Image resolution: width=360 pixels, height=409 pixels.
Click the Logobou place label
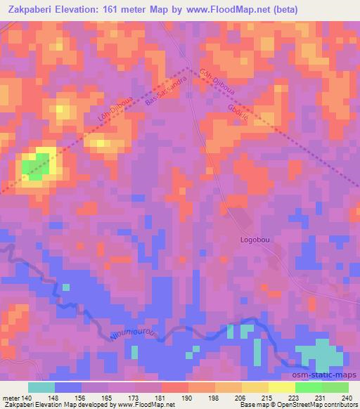click(255, 239)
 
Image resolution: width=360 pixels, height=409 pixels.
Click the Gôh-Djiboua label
click(214, 82)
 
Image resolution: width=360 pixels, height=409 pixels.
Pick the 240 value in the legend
click(347, 397)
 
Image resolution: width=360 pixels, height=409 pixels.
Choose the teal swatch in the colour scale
click(41, 387)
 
